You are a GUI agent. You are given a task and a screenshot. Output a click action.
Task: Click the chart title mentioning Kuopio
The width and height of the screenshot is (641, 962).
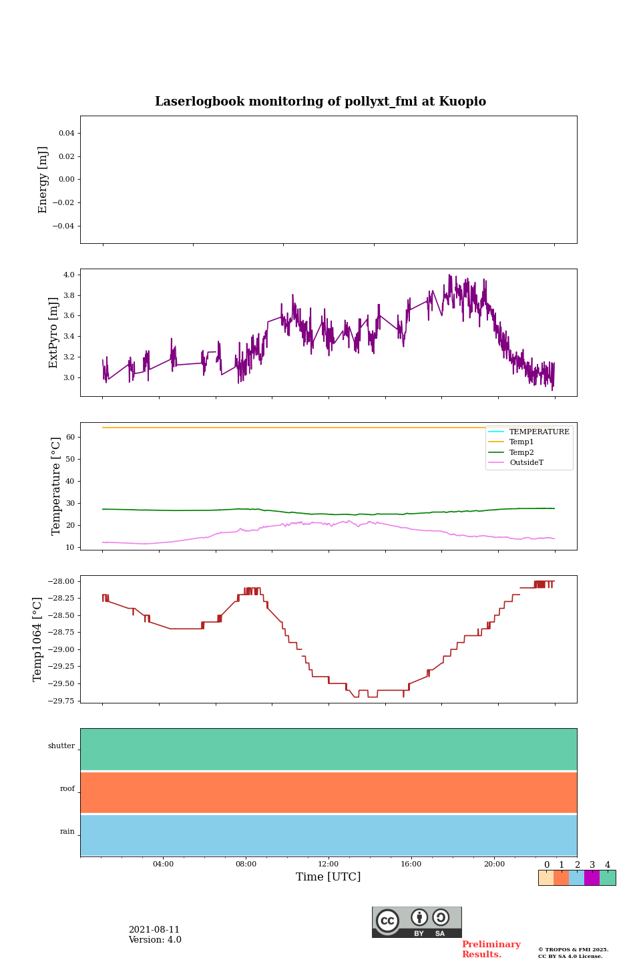320,102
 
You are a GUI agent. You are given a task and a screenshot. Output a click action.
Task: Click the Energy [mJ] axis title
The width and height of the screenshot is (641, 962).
43,180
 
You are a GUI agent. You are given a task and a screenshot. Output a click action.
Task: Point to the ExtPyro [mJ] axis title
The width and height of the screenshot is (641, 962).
54,333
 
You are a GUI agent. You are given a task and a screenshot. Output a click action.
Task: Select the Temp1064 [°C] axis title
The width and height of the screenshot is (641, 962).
38,639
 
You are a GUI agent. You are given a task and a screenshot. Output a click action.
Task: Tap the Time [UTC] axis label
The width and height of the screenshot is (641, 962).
328,876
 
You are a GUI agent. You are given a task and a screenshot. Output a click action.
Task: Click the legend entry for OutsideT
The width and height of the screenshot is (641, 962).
526,463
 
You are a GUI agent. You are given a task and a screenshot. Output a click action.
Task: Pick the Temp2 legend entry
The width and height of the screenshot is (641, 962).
521,452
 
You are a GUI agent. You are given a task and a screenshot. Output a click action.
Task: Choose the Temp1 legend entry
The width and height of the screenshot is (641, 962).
521,442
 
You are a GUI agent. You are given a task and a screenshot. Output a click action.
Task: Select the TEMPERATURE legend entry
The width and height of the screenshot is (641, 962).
539,432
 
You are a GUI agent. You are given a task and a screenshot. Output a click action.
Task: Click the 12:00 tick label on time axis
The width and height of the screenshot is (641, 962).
328,864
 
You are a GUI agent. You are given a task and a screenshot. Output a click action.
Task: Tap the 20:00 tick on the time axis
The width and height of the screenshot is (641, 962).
494,864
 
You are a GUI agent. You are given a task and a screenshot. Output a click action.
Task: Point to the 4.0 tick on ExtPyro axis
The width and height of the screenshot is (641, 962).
69,275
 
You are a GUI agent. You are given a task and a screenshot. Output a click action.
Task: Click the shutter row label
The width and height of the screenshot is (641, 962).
61,746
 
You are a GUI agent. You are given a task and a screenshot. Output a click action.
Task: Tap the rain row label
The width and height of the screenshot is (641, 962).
67,832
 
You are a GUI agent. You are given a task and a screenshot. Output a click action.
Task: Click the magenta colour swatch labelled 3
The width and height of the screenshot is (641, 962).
592,878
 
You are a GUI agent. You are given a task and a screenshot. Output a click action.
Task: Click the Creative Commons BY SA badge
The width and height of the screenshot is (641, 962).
417,922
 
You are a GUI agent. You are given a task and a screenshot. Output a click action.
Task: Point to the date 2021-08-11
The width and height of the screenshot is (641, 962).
154,930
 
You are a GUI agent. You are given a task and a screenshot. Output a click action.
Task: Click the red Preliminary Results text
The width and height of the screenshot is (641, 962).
491,949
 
